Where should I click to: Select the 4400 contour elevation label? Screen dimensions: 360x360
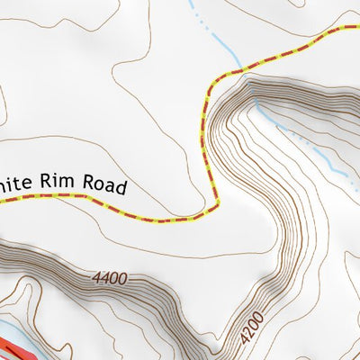point(108,279)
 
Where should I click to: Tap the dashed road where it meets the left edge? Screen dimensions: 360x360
point(3,201)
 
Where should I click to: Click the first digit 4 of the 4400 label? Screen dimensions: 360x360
point(94,280)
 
